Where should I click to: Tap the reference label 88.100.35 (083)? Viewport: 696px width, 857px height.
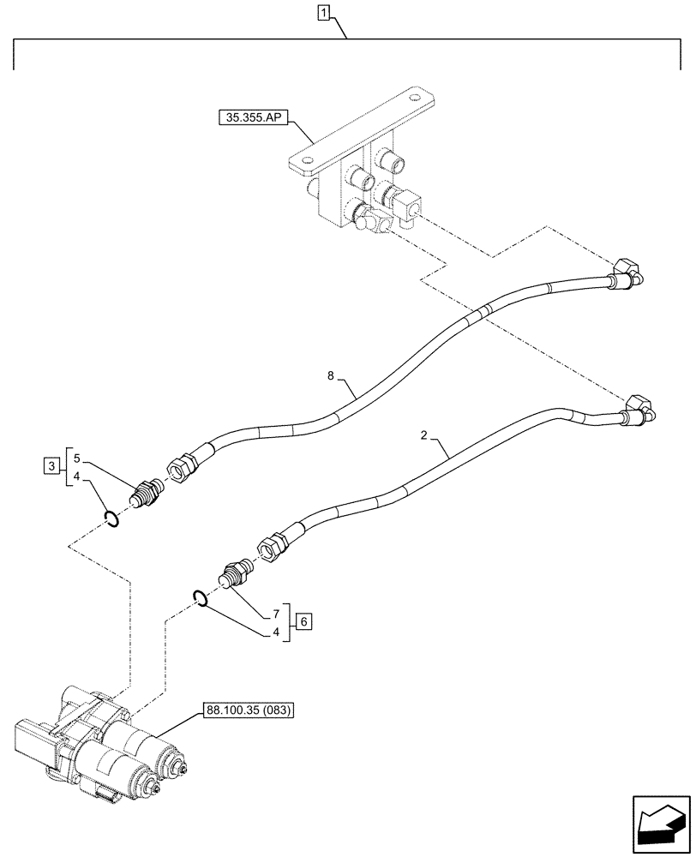point(246,710)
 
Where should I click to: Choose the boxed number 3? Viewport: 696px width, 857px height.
point(53,467)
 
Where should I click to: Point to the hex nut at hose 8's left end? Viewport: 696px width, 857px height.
point(183,467)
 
